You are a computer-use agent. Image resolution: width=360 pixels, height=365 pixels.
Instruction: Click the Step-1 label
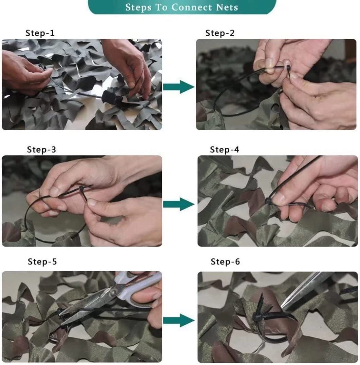click(x=40, y=33)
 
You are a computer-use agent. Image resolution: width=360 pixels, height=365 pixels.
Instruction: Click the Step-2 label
click(x=220, y=33)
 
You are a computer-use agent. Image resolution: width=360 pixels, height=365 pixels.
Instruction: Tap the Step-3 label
click(x=41, y=150)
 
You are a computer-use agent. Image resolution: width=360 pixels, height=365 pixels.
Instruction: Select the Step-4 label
click(x=224, y=150)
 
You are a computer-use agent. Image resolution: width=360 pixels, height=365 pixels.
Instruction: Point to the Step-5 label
click(x=42, y=262)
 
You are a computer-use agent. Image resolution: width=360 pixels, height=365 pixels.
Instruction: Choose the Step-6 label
click(x=225, y=262)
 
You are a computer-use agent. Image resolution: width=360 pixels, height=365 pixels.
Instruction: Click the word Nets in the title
click(x=227, y=7)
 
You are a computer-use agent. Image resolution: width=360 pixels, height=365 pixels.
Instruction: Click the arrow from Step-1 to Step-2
click(x=178, y=87)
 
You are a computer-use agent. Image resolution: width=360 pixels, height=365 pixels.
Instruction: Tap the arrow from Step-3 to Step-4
click(x=178, y=204)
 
